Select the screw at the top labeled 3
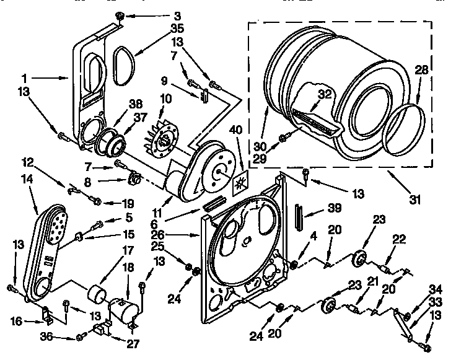click(119, 15)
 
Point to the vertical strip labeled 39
click(299, 217)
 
